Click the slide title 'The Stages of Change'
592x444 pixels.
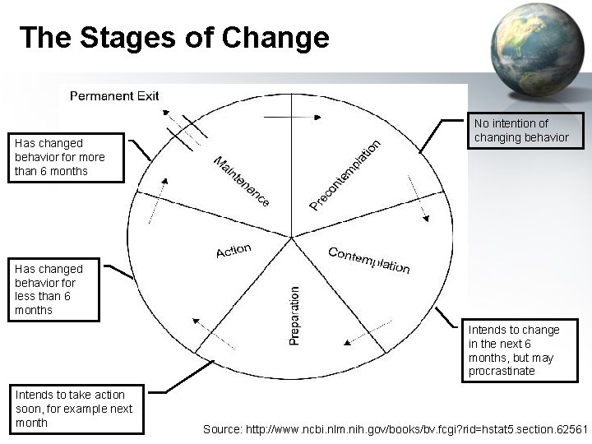point(173,38)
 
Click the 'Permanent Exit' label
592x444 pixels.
point(114,96)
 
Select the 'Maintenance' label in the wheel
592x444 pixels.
point(241,180)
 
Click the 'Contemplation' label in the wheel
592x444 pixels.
point(368,260)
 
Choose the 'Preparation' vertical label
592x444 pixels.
point(294,315)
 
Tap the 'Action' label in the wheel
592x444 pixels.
point(234,250)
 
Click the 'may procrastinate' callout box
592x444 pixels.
point(514,350)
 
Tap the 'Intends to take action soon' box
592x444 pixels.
point(74,409)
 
